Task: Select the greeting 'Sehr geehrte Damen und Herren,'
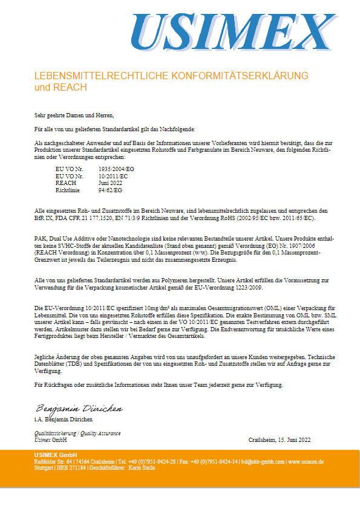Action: (x=74, y=115)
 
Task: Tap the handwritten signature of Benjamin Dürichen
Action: (x=79, y=409)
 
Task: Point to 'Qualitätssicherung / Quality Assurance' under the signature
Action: (x=77, y=433)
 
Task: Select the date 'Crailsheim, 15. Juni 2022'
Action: (x=279, y=439)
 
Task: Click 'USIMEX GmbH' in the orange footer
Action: (x=56, y=454)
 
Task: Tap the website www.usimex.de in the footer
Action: (x=306, y=461)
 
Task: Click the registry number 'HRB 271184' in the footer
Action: (x=73, y=468)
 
